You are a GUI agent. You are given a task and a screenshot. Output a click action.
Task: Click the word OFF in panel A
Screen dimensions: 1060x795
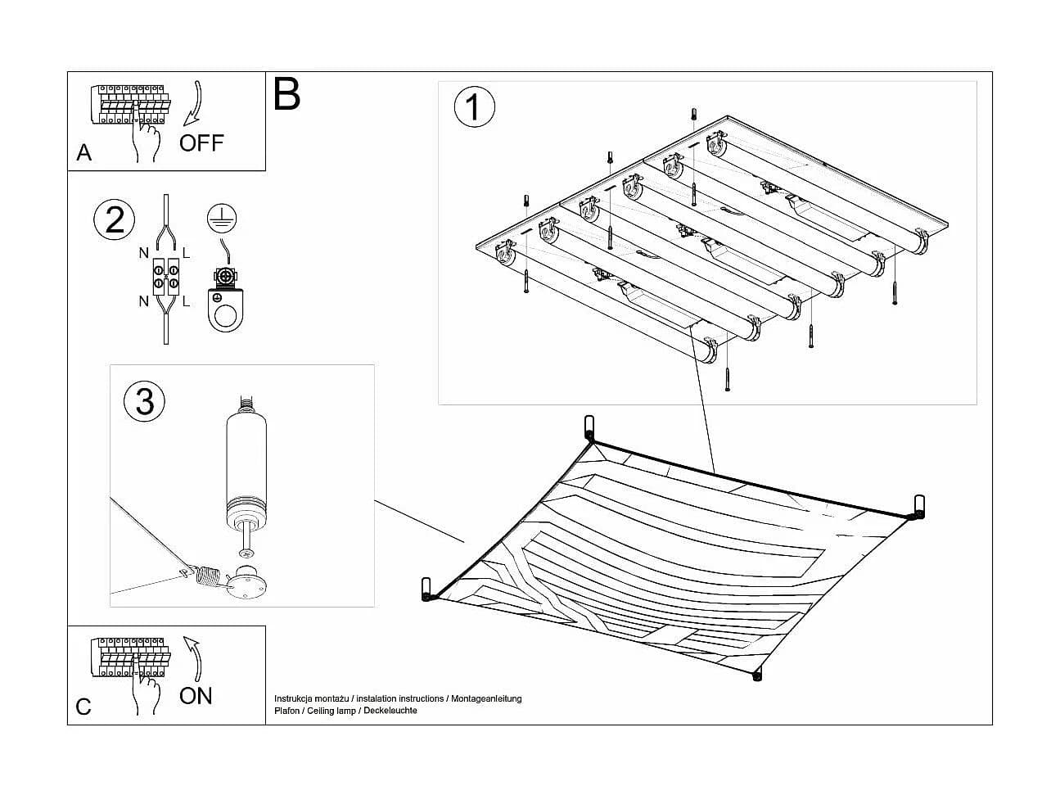[x=201, y=143]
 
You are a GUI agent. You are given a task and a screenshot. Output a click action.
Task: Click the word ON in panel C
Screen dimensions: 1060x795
[x=196, y=696]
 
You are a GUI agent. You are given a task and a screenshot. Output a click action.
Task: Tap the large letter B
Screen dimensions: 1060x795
[x=286, y=94]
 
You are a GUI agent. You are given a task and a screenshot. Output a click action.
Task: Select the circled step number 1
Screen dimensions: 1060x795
[x=474, y=106]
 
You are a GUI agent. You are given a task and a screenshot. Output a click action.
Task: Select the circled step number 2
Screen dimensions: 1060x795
[x=115, y=219]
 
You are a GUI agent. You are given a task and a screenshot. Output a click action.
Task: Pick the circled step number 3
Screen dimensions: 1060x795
[x=144, y=401]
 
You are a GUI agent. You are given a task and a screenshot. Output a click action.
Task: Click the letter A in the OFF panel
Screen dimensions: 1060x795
[x=84, y=153]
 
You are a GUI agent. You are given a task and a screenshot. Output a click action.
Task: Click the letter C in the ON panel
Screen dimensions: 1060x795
[x=83, y=707]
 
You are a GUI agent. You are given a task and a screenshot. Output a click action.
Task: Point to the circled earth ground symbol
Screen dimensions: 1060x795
[x=222, y=218]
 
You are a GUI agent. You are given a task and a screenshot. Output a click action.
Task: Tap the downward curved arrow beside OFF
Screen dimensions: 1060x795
[x=194, y=104]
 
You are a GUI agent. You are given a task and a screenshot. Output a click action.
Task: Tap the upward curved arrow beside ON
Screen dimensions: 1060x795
[x=194, y=658]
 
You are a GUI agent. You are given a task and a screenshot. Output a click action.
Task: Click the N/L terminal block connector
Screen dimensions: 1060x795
[x=166, y=277]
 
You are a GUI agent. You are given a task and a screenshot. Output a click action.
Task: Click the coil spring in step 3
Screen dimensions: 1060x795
[x=209, y=576]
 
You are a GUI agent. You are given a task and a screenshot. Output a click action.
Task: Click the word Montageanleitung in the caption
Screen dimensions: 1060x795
[x=486, y=699]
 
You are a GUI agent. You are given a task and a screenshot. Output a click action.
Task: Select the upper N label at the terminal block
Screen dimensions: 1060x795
[x=143, y=253]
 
